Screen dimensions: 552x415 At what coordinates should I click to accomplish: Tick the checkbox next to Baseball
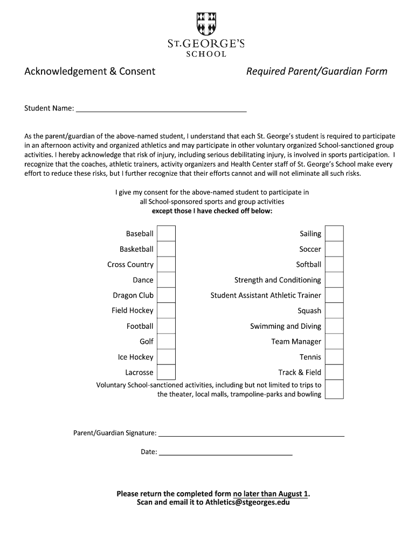(166, 233)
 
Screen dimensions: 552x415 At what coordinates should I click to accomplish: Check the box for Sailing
(334, 233)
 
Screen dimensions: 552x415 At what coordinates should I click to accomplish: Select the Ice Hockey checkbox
(166, 357)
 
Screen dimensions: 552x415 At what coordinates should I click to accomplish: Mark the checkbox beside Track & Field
(334, 372)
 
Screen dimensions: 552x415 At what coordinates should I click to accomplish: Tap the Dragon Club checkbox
(166, 295)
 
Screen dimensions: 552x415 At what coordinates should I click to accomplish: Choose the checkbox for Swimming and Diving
(334, 326)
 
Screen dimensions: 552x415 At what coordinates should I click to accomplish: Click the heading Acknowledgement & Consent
(90, 71)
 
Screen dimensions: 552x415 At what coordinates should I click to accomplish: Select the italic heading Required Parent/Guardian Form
(316, 71)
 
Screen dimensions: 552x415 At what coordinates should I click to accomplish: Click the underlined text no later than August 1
(271, 493)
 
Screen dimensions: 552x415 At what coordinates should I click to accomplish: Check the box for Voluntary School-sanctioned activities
(334, 389)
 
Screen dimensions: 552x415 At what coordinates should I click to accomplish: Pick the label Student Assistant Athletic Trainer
(265, 295)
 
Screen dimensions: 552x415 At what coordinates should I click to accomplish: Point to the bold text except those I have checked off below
(212, 211)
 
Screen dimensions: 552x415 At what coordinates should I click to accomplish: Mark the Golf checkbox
(166, 341)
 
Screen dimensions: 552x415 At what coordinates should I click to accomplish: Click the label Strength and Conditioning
(277, 280)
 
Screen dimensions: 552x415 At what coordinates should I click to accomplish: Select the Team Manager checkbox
(334, 341)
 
